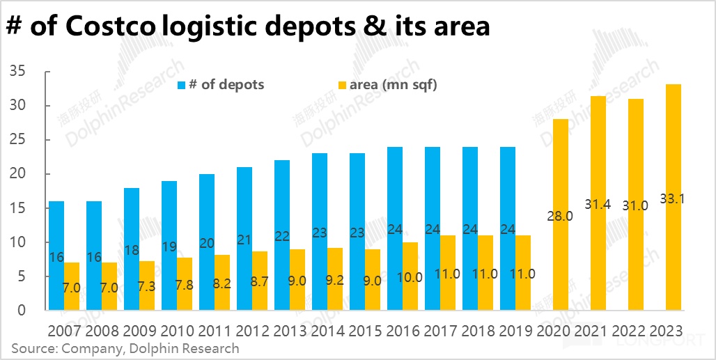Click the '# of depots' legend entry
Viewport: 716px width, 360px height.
[221, 85]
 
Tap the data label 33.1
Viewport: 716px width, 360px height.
[674, 198]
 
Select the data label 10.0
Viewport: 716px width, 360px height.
[409, 277]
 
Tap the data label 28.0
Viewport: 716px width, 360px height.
[559, 216]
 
